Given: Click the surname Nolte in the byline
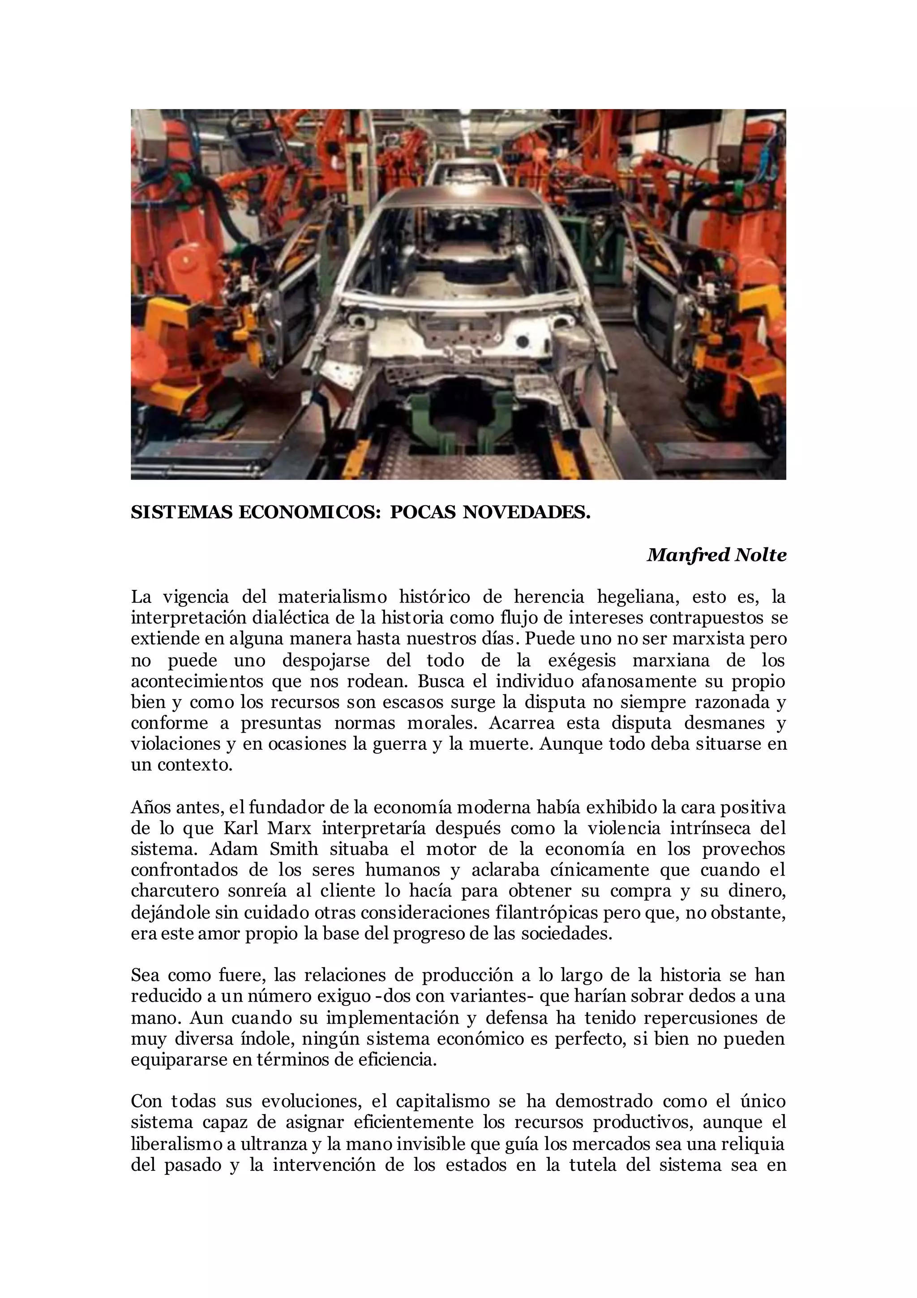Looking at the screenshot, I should [760, 555].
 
